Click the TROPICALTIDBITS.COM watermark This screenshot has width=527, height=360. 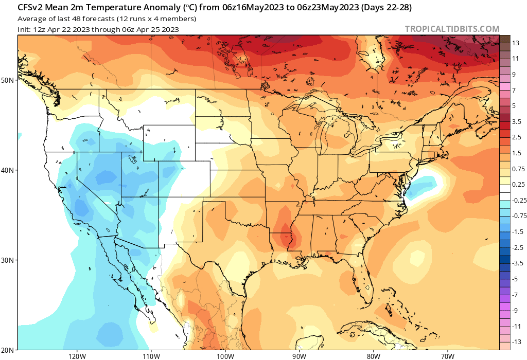tap(452, 29)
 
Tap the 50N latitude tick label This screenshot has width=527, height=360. tap(8, 80)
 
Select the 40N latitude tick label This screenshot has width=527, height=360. tap(8, 170)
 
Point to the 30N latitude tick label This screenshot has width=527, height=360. tap(8, 260)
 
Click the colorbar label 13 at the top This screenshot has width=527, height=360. tap(516, 43)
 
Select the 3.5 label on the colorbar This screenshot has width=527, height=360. tap(517, 121)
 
